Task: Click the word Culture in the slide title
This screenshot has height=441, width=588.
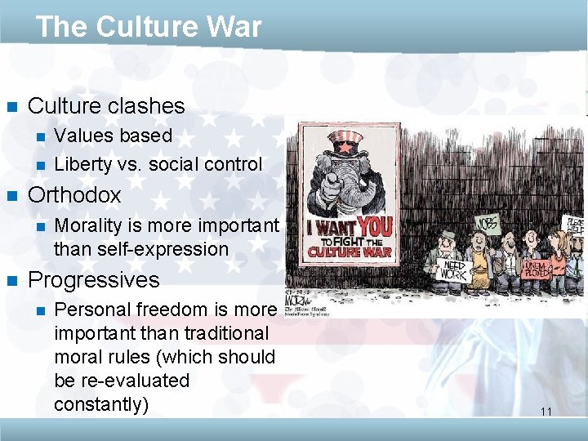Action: coord(145,27)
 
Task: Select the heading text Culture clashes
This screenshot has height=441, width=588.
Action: coord(106,106)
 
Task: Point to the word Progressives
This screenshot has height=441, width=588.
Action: coord(93,280)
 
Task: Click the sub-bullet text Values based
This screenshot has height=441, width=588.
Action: coord(113,136)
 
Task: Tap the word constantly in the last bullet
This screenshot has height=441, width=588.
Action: coord(101,404)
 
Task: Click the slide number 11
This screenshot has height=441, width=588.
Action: coord(546,412)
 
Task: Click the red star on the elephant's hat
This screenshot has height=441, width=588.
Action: coord(347,147)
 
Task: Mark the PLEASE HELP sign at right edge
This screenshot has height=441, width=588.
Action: coord(574,226)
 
